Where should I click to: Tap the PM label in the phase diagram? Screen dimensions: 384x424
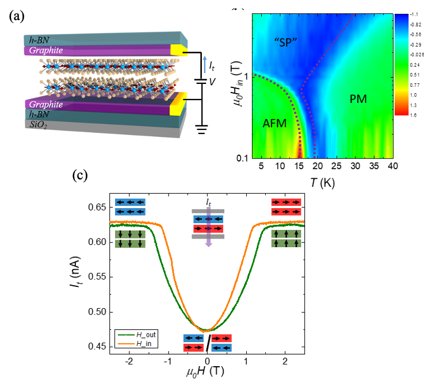[358, 99]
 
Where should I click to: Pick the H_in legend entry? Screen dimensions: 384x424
[141, 344]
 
